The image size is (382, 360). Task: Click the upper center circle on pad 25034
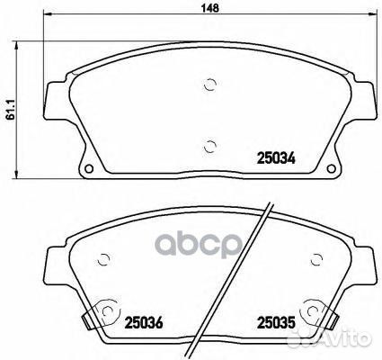click(x=209, y=85)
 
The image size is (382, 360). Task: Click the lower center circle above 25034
click(x=209, y=146)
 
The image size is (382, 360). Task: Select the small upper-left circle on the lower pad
click(x=104, y=258)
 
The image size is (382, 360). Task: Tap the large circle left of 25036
click(x=109, y=314)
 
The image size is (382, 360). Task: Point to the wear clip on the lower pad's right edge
click(x=334, y=318)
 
